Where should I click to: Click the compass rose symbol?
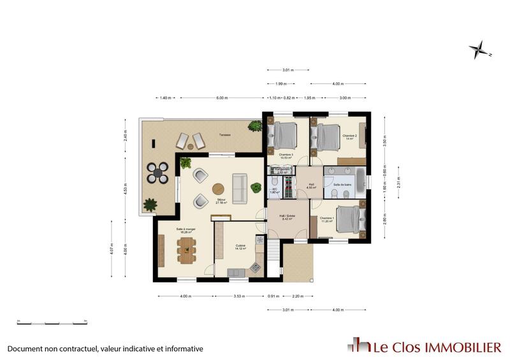[x=479, y=48]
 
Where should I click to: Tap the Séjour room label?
[x=221, y=201]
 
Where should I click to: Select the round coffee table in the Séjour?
[x=219, y=189]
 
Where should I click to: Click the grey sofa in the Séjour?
[x=240, y=188]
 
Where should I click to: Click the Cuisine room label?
[x=240, y=246]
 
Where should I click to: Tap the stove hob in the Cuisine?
[x=256, y=266]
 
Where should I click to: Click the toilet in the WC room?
[x=273, y=181]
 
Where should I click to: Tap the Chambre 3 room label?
[x=285, y=155]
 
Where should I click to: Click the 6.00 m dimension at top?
[x=222, y=98]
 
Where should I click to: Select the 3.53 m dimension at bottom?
[x=240, y=296]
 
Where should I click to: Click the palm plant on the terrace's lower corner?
[x=150, y=205]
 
